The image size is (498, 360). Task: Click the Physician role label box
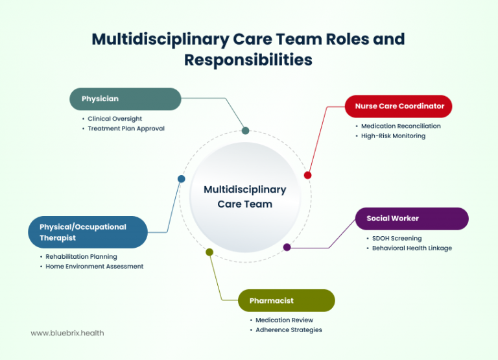[125, 99]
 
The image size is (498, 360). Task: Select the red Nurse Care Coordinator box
[398, 106]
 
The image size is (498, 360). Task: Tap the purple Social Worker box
[411, 219]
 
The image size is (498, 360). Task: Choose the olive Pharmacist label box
[285, 300]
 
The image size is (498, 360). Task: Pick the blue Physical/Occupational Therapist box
[88, 232]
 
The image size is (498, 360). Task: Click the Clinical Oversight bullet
[115, 119]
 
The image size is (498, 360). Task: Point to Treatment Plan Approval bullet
[126, 128]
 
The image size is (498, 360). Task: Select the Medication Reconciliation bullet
[401, 126]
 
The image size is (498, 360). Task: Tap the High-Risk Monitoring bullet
[393, 136]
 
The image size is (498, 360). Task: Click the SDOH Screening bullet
[397, 238]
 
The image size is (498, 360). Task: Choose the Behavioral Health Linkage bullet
[412, 248]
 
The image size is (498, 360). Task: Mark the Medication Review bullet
[284, 320]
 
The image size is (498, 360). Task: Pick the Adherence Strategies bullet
[289, 330]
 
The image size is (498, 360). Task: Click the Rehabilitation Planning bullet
[81, 256]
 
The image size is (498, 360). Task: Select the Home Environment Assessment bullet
[94, 266]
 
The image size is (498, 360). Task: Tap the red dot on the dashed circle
[307, 175]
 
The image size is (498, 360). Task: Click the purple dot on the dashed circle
[287, 247]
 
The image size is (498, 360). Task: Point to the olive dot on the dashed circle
[209, 252]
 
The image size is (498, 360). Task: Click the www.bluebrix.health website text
[67, 333]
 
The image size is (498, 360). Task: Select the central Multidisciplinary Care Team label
[245, 197]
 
